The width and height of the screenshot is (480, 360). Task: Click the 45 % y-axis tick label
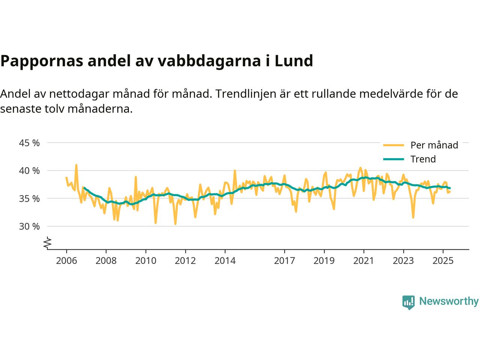point(29,143)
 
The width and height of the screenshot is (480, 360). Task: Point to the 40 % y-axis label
point(29,171)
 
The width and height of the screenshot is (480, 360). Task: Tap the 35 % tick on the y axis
point(29,198)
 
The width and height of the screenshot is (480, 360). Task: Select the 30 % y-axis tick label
point(29,226)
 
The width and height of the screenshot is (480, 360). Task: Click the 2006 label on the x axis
point(66,260)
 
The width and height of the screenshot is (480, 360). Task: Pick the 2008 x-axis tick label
point(106,260)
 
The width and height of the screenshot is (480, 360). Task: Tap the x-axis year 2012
point(185,260)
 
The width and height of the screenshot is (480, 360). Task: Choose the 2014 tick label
point(225,260)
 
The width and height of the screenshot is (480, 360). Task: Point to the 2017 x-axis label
point(285,260)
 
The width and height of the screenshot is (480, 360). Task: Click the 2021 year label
point(364,260)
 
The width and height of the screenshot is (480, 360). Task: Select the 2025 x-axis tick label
point(443,260)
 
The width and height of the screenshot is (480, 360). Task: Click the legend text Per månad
point(434,145)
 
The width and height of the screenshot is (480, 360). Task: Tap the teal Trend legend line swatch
point(393,159)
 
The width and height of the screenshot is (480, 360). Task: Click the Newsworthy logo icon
point(408,302)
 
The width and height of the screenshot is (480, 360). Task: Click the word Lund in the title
point(294,61)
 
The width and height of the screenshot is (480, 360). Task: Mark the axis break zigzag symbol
point(47,243)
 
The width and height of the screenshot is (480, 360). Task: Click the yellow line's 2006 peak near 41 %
point(76,165)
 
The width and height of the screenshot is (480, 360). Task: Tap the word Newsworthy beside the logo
point(448,301)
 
